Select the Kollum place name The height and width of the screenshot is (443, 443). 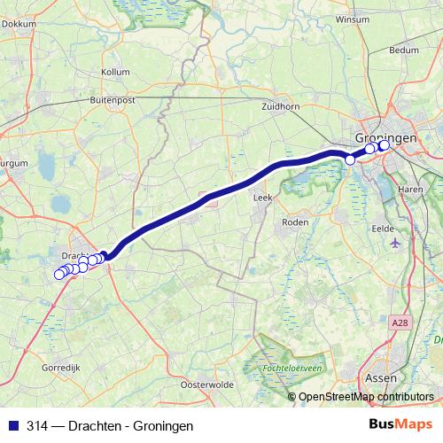coord(115,71)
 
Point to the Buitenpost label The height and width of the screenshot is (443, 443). coord(111,101)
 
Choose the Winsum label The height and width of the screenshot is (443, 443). coord(352,18)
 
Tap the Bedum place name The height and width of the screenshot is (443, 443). coord(403,51)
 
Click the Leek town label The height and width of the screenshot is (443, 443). coord(262,198)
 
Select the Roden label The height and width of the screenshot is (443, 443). coord(293,222)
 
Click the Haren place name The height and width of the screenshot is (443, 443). coord(410,190)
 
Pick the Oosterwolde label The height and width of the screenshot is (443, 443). coord(206,385)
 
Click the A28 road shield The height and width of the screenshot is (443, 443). coord(400,326)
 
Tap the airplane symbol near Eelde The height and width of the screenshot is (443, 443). coord(394,241)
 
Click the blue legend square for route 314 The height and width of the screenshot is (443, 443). coord(12,426)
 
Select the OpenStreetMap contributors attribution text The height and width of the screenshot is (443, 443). coord(366,397)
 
